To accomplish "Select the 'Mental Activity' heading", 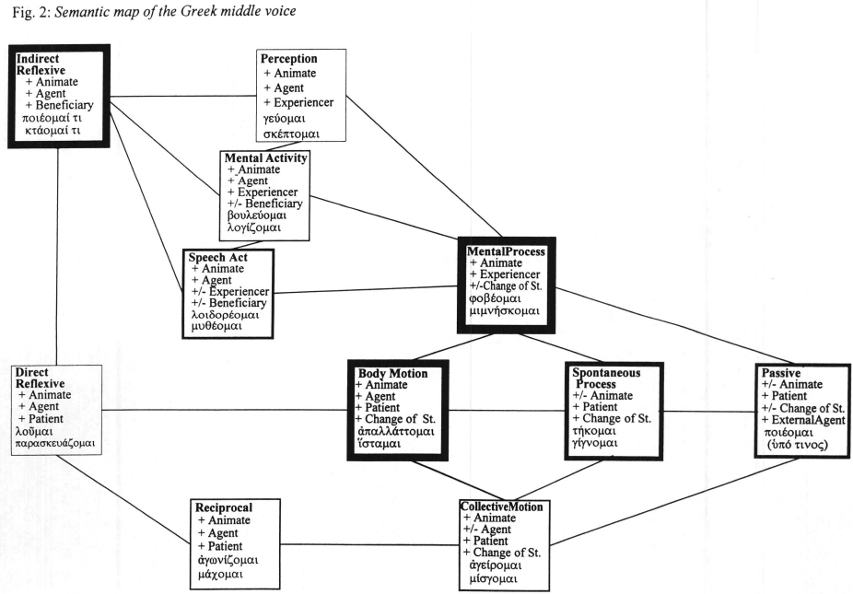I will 267,158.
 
